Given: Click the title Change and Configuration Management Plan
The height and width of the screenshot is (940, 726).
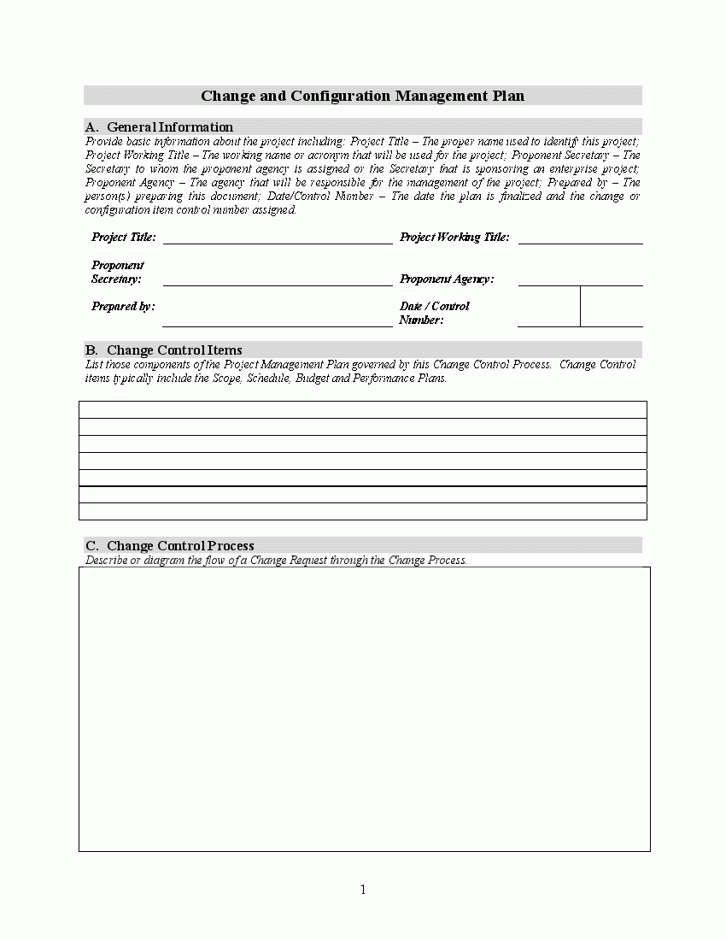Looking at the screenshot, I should click(362, 97).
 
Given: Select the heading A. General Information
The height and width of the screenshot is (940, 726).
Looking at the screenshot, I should click(159, 127).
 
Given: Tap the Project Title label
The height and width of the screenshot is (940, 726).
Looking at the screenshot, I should click(124, 238).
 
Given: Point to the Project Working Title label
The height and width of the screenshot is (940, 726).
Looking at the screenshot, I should click(454, 238).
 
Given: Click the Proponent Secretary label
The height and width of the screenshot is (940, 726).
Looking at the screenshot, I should click(117, 272).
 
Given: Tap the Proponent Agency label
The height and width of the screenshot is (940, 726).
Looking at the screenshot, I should click(447, 279).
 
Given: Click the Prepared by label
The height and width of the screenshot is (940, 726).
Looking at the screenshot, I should click(123, 306).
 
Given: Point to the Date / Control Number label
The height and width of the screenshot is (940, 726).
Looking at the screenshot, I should click(434, 313).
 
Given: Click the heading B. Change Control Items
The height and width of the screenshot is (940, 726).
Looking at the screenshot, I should click(163, 350).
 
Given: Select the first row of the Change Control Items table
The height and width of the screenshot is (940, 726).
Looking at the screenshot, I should click(362, 409).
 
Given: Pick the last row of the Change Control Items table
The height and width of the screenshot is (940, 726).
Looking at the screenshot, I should click(362, 512).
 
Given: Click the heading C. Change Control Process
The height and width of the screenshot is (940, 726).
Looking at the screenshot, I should click(169, 546).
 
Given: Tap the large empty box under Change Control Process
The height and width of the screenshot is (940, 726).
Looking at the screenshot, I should click(364, 709).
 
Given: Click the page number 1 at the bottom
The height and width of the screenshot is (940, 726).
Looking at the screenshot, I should click(363, 890).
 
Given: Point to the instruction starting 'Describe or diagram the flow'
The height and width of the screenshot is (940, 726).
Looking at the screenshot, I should click(276, 561).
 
